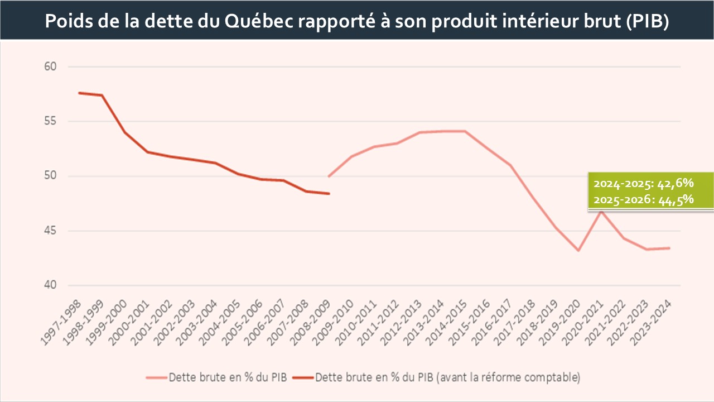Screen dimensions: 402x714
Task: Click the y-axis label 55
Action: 51,122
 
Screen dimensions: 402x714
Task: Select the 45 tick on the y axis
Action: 51,231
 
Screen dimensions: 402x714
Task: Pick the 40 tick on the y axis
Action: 51,286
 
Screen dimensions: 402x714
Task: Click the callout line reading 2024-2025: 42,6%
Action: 643,183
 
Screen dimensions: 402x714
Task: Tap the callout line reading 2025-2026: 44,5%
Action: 643,200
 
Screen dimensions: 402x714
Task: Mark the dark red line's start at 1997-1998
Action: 79,93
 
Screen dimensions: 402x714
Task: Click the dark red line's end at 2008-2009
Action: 329,194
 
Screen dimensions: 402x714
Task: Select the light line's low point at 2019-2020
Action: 578,251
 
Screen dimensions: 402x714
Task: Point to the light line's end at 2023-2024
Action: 669,248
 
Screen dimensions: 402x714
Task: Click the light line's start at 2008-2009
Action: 329,176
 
